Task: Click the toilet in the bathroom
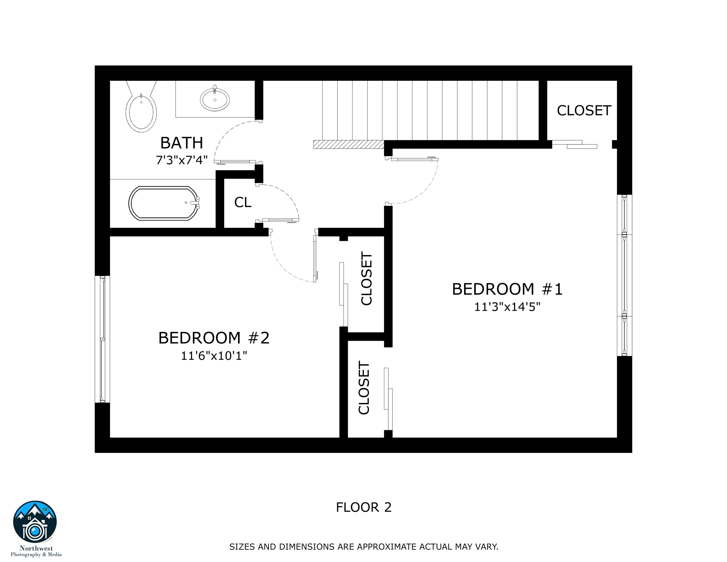(x=141, y=110)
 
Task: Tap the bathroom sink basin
(x=215, y=100)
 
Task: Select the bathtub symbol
(x=164, y=203)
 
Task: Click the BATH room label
(x=181, y=143)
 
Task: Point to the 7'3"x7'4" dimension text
(x=181, y=160)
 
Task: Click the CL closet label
(x=242, y=202)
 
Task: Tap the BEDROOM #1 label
(x=507, y=289)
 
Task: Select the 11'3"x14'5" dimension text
(x=507, y=307)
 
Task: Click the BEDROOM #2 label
(x=214, y=338)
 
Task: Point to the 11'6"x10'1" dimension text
(x=214, y=356)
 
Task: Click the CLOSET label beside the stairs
(x=584, y=110)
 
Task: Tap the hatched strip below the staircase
(x=349, y=145)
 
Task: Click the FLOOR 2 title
(x=363, y=507)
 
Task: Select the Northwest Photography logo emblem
(x=35, y=522)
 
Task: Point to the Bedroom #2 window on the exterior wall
(x=102, y=339)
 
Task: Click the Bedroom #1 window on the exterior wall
(x=624, y=275)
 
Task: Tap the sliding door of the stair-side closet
(x=574, y=145)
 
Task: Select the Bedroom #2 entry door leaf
(x=315, y=256)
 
